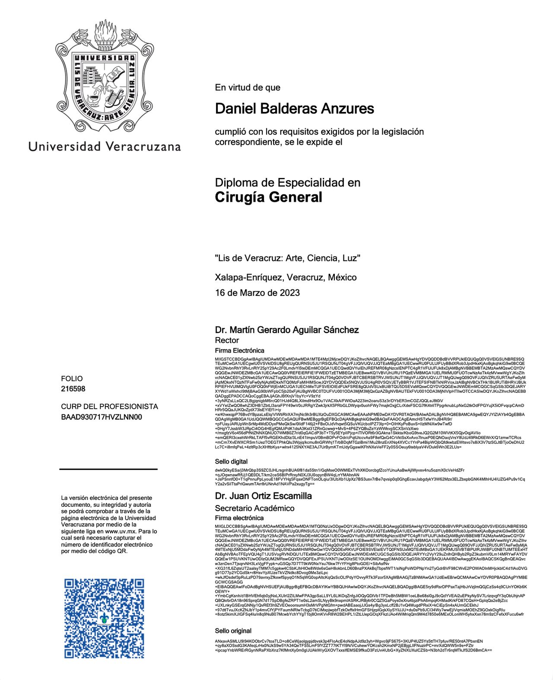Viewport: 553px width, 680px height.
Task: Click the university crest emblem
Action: coord(105,77)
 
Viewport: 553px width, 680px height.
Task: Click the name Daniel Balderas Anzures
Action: coord(294,108)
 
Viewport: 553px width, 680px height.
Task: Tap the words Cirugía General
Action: coord(268,197)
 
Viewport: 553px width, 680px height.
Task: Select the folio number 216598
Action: coord(73,389)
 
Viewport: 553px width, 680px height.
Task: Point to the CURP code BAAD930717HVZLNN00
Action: coord(101,417)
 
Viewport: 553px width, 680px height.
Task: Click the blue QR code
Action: coord(104,618)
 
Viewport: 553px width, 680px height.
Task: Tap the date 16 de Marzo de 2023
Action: coord(257,293)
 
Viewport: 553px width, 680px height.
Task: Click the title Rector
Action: coord(227,340)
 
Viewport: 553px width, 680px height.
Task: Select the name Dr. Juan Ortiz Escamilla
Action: coord(263,496)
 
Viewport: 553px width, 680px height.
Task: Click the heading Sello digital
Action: coord(231,462)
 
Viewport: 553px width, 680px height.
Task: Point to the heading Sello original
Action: coord(233,631)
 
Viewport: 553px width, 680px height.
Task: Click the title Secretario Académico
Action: coord(254,508)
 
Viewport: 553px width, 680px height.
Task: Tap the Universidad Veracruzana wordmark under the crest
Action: coord(105,146)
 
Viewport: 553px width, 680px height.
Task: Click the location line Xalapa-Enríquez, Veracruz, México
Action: coord(286,277)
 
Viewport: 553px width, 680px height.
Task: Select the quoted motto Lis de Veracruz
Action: coord(287,258)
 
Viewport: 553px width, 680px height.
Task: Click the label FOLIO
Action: coord(72,379)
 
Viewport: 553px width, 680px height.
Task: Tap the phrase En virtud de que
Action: coord(248,88)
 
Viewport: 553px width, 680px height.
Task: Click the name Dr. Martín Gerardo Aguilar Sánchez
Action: coord(286,330)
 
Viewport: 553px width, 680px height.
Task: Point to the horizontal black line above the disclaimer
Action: coord(108,469)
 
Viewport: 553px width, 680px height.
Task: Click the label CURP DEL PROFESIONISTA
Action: coord(109,407)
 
